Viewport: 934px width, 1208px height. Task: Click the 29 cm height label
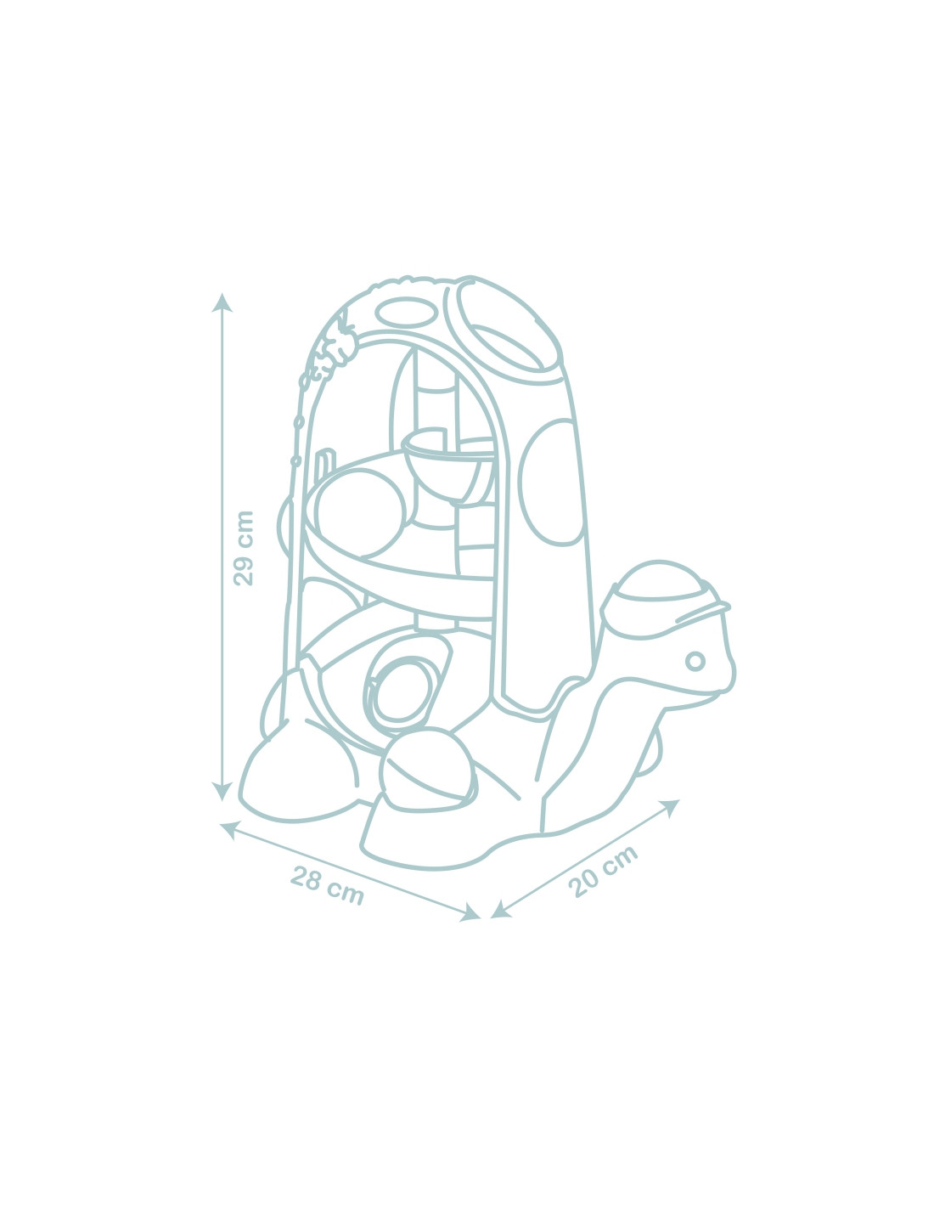[244, 548]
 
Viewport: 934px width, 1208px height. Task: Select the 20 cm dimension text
[602, 872]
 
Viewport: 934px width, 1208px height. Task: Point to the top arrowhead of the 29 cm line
[222, 303]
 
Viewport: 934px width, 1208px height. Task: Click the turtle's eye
[695, 661]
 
